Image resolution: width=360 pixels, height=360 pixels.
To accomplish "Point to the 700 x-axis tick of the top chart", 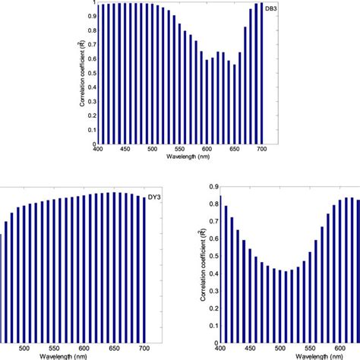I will tap(262, 150).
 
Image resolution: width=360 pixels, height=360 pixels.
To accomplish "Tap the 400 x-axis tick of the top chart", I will tap(98, 150).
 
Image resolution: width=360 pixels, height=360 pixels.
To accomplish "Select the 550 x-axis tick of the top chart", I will tap(180, 150).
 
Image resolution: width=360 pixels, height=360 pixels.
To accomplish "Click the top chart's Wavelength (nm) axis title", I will tap(180, 157).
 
